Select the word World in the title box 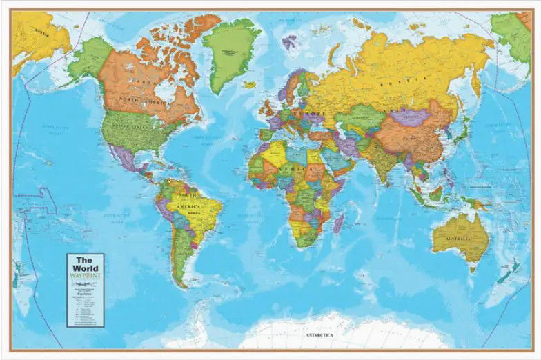coord(86,268)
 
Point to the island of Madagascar coord(339,222)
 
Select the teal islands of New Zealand coord(509,270)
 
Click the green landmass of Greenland coord(230,52)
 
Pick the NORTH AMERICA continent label coord(138,101)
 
